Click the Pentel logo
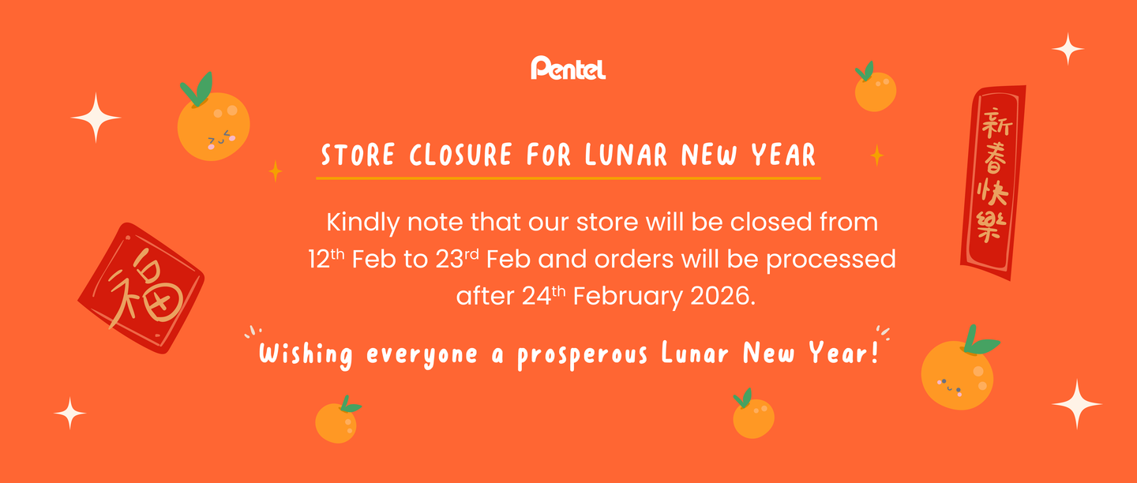(x=568, y=68)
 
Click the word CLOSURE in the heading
(x=460, y=155)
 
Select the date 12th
(x=326, y=259)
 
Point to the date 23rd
(x=457, y=259)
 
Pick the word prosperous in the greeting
(x=582, y=354)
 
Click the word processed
(x=831, y=260)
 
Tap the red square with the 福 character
(x=141, y=288)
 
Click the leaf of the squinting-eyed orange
(x=197, y=89)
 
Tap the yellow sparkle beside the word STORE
(x=276, y=171)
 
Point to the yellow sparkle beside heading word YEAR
(x=876, y=155)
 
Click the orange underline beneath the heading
(x=568, y=178)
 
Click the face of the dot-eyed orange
(x=949, y=386)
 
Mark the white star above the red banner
(x=1068, y=49)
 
